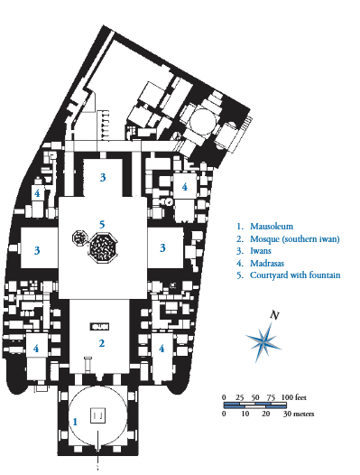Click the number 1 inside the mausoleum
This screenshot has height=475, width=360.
coord(75,421)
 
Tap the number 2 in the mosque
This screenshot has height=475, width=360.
coord(103,343)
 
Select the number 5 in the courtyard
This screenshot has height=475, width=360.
coord(103,224)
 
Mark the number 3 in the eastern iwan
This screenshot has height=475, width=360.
coord(162,247)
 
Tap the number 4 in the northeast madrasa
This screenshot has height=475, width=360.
coord(184,187)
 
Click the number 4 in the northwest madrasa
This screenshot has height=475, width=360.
coord(37,193)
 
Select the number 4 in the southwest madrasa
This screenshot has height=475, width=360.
coord(36,348)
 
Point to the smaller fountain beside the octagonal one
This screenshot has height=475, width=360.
coord(79,238)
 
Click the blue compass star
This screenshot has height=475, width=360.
coord(263,339)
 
